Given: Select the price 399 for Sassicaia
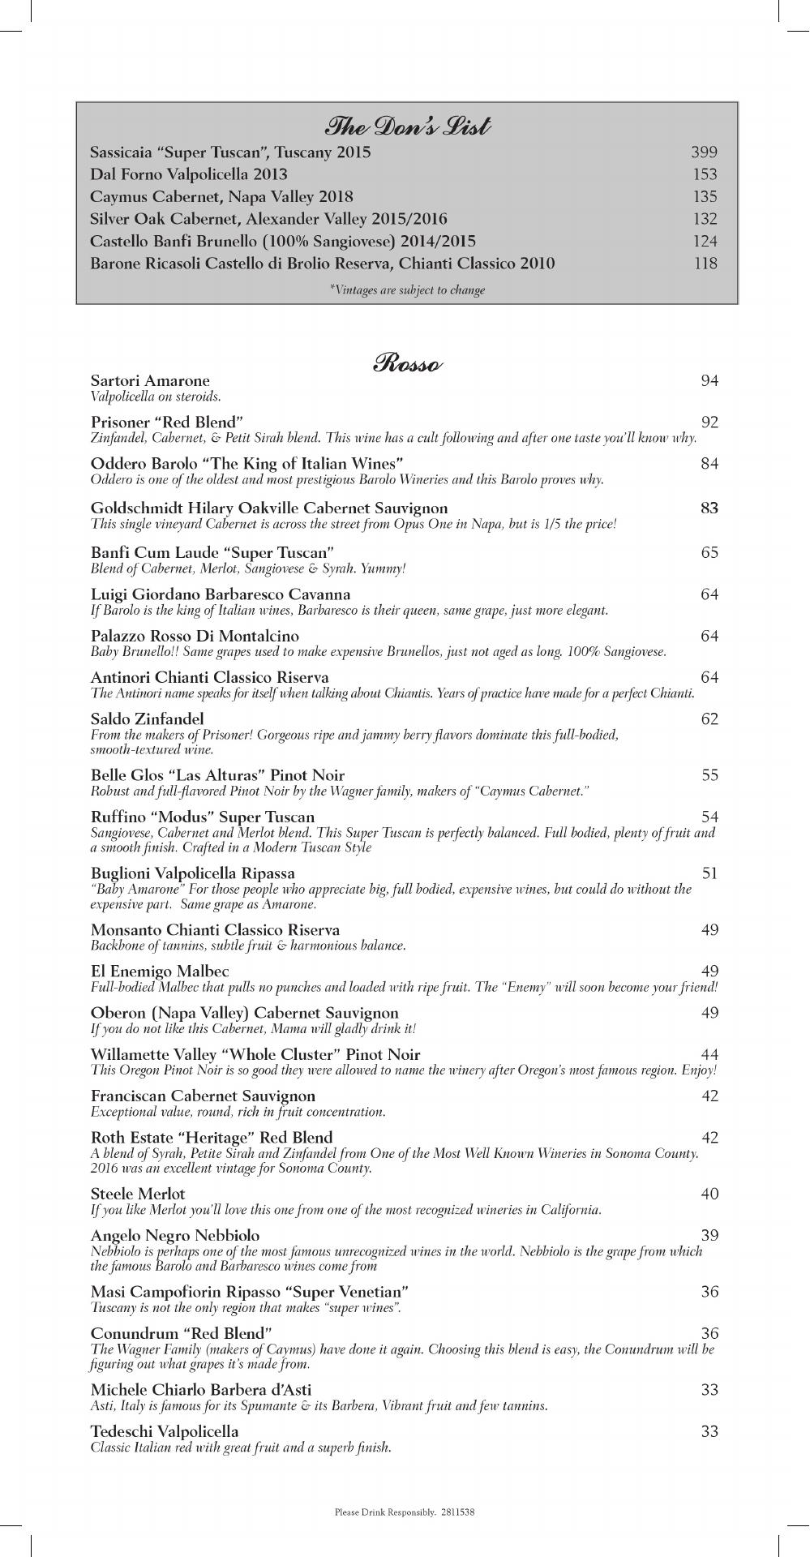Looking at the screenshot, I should (704, 152).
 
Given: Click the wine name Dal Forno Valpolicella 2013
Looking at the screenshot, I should (188, 174).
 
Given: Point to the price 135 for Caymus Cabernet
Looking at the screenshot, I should (704, 197).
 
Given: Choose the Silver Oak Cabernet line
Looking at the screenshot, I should (268, 219).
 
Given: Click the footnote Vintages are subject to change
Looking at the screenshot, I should (407, 290).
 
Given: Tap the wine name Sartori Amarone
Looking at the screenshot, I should (150, 380).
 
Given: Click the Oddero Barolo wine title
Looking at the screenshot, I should (247, 464).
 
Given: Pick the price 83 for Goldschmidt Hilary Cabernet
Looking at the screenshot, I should (709, 508).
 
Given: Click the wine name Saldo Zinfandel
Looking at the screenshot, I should (148, 718).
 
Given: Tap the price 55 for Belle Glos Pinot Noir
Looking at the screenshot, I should (709, 775).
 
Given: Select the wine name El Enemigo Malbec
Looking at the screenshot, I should (160, 971).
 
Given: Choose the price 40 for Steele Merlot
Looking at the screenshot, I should (709, 1194).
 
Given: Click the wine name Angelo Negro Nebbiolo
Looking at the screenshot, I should (175, 1235).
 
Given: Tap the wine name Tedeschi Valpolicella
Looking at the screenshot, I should (165, 1431).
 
